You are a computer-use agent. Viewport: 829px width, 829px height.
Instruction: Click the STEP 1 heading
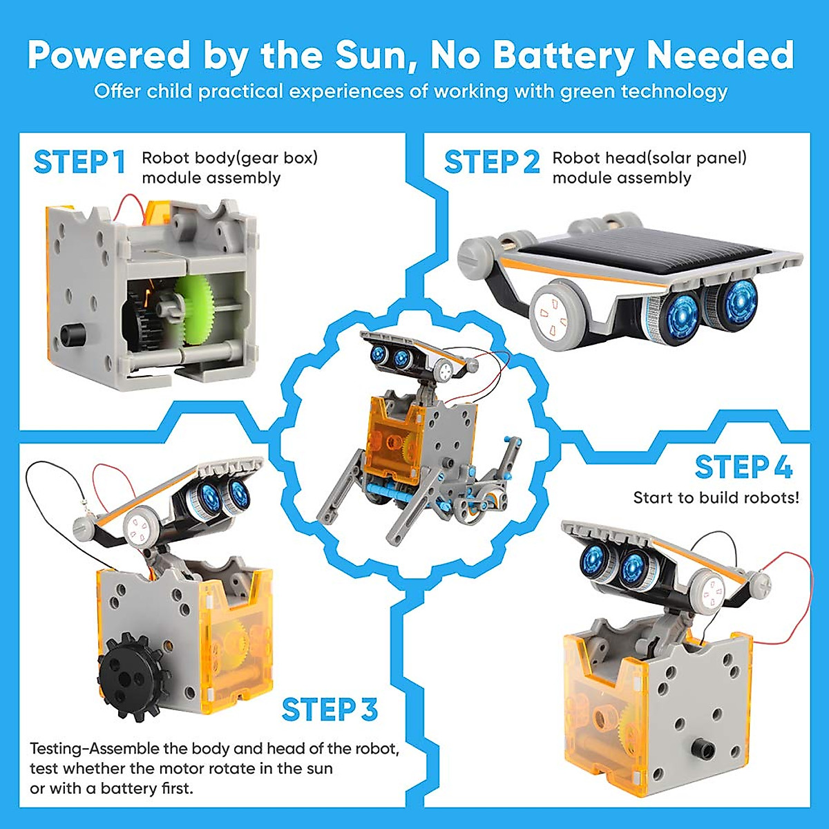click(x=79, y=162)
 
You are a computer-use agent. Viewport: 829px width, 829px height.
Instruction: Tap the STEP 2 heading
click(x=491, y=162)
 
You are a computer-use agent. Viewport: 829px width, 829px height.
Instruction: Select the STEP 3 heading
click(x=330, y=710)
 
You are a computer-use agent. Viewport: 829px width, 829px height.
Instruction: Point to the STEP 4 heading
click(x=743, y=468)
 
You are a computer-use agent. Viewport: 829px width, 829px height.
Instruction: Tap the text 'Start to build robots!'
click(x=716, y=497)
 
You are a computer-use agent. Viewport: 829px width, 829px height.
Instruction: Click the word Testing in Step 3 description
click(x=55, y=748)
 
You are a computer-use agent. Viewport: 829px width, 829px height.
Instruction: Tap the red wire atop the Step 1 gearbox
click(x=131, y=201)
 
